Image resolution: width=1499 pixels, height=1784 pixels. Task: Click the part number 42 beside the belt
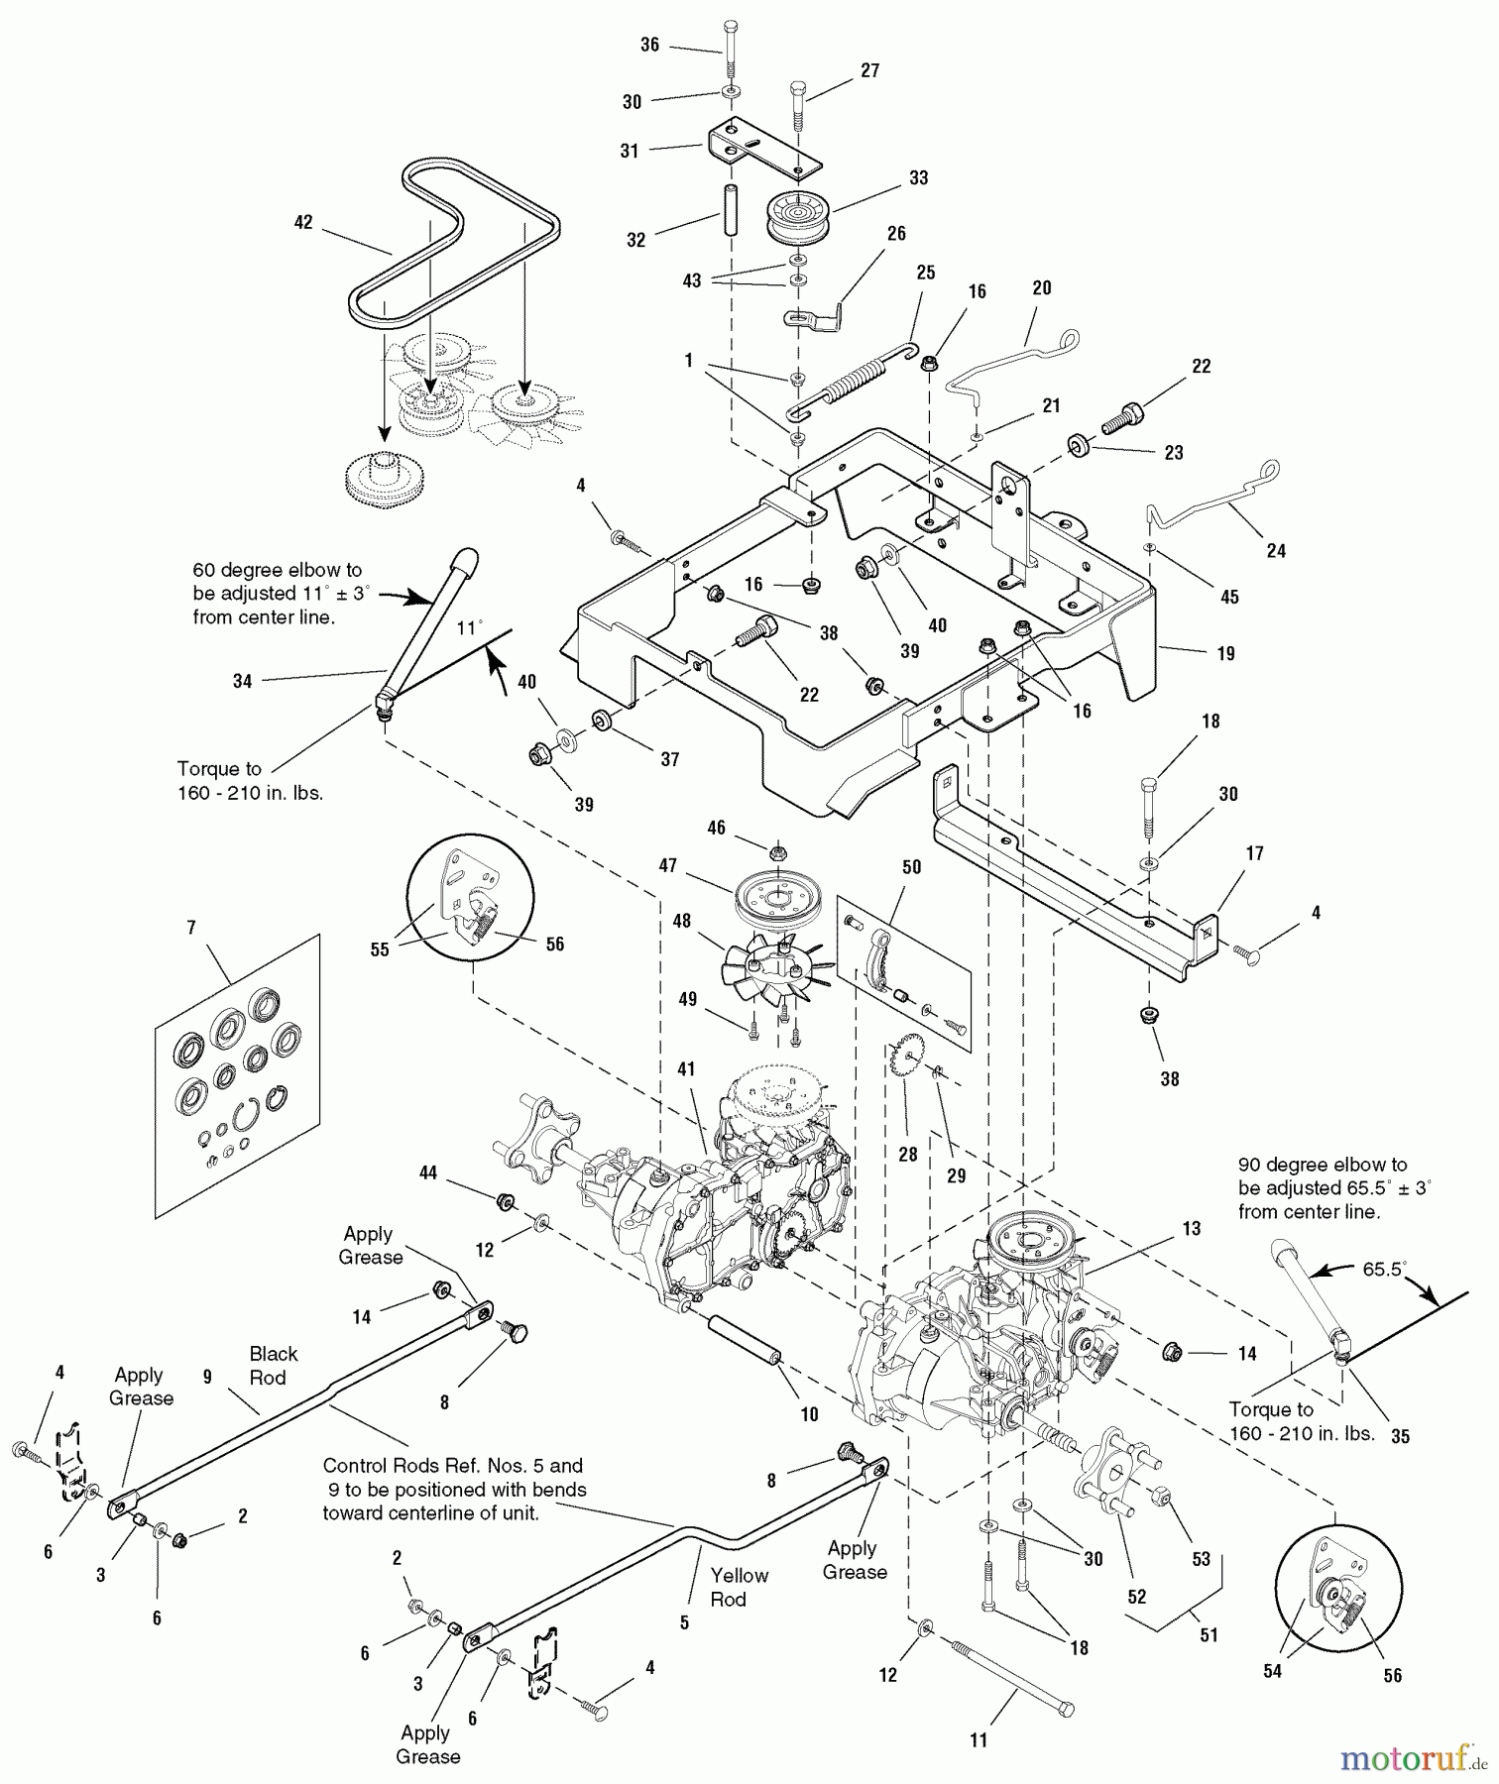pyautogui.click(x=303, y=222)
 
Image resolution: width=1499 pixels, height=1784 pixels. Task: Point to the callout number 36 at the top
pyautogui.click(x=649, y=45)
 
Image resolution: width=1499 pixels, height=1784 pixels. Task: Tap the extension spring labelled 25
pyautogui.click(x=855, y=378)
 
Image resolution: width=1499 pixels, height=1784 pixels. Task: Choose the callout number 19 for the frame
pyautogui.click(x=1225, y=653)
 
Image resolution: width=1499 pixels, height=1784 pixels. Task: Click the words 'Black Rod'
pyautogui.click(x=273, y=1365)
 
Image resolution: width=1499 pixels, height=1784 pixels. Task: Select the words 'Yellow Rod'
pyautogui.click(x=738, y=1587)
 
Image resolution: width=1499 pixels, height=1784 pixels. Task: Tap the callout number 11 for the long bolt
pyautogui.click(x=979, y=1740)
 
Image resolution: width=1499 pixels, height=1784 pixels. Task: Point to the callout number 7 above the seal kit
pyautogui.click(x=191, y=928)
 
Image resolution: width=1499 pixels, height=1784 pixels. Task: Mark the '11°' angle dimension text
pyautogui.click(x=468, y=628)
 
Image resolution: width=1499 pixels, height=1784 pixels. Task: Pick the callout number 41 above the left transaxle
pyautogui.click(x=686, y=1069)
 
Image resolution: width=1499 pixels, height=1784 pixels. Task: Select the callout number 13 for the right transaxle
pyautogui.click(x=1191, y=1229)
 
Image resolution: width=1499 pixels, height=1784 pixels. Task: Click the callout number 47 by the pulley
pyautogui.click(x=668, y=865)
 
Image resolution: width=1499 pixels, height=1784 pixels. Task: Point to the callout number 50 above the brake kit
pyautogui.click(x=911, y=866)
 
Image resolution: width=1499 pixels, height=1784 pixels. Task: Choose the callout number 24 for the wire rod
pyautogui.click(x=1276, y=550)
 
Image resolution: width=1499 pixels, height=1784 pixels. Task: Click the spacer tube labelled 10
pyautogui.click(x=745, y=1340)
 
